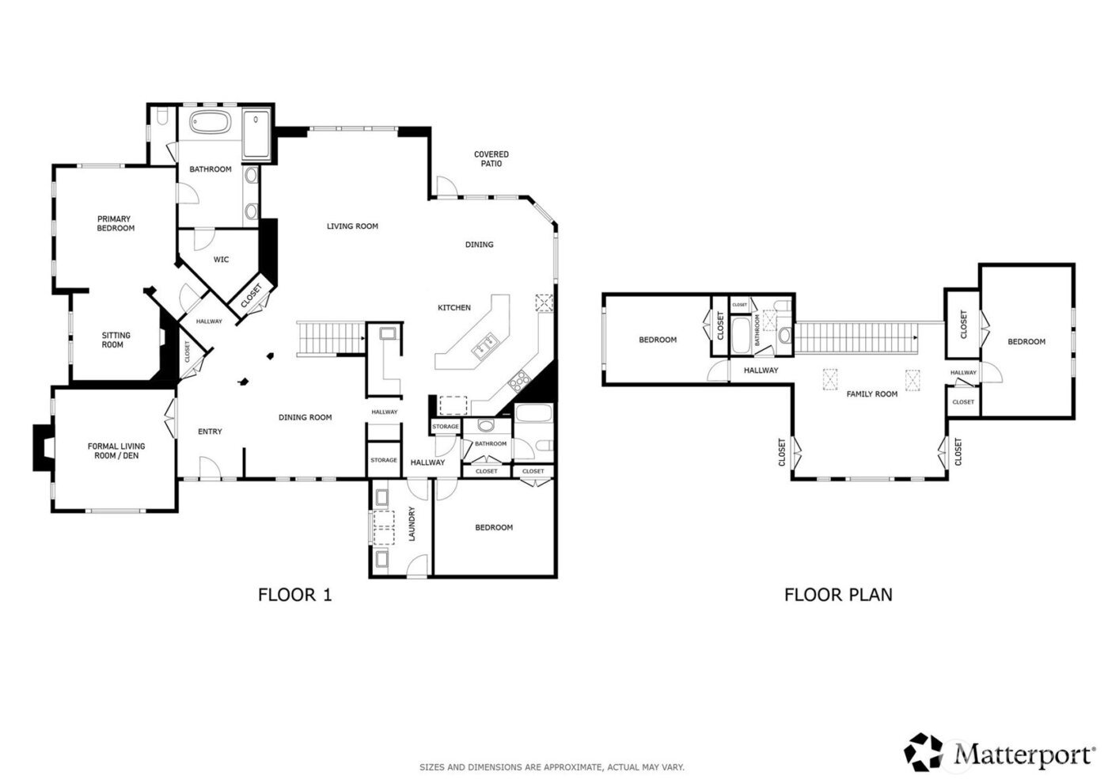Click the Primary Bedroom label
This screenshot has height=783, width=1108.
pyautogui.click(x=116, y=223)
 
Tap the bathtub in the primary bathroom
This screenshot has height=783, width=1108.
pyautogui.click(x=211, y=123)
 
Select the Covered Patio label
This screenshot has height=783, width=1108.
pyautogui.click(x=491, y=159)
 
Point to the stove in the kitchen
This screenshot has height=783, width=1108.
pyautogui.click(x=520, y=382)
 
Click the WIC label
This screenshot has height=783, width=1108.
pyautogui.click(x=222, y=260)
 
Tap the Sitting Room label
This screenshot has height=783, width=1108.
pyautogui.click(x=116, y=340)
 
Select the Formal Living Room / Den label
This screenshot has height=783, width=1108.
pyautogui.click(x=116, y=451)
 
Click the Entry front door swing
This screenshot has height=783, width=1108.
pyautogui.click(x=210, y=469)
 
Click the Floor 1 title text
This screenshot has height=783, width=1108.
pyautogui.click(x=294, y=595)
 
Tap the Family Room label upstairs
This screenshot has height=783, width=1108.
pyautogui.click(x=871, y=394)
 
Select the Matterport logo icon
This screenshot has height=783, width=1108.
pyautogui.click(x=924, y=751)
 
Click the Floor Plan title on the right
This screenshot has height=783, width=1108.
pyautogui.click(x=838, y=595)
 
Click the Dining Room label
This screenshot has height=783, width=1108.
pyautogui.click(x=305, y=417)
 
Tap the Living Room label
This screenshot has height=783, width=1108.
pyautogui.click(x=352, y=226)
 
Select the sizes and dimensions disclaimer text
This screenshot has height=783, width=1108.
pyautogui.click(x=552, y=767)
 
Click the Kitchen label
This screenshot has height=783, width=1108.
pyautogui.click(x=454, y=308)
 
